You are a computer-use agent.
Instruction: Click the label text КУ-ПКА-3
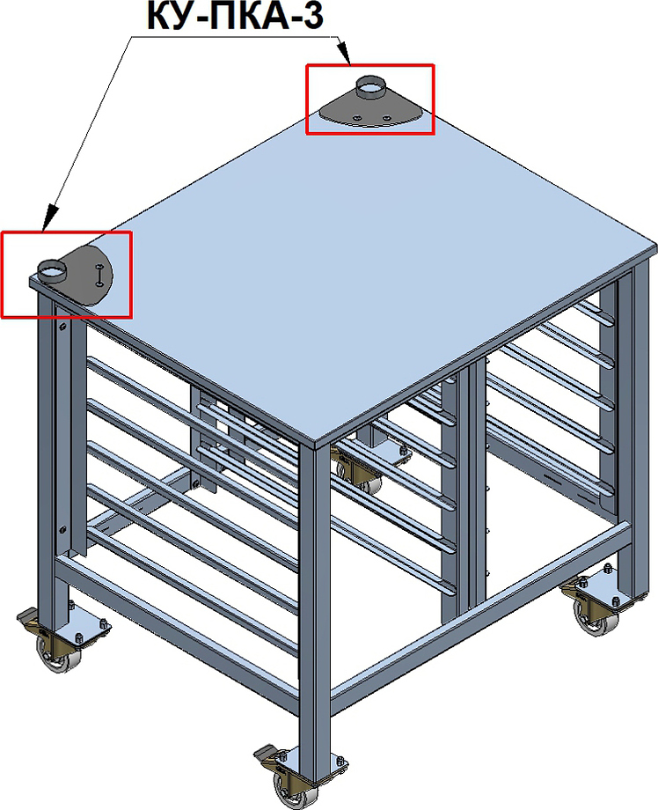235,16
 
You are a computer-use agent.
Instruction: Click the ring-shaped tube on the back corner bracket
369,87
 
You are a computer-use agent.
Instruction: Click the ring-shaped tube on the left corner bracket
52,270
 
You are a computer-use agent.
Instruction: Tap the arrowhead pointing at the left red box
49,217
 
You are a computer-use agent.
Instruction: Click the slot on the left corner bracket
99,275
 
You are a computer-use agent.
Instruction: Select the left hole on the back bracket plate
355,118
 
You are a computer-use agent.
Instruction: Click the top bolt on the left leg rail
62,326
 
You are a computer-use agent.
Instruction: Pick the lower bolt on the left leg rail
62,529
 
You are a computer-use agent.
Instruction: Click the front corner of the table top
316,442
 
